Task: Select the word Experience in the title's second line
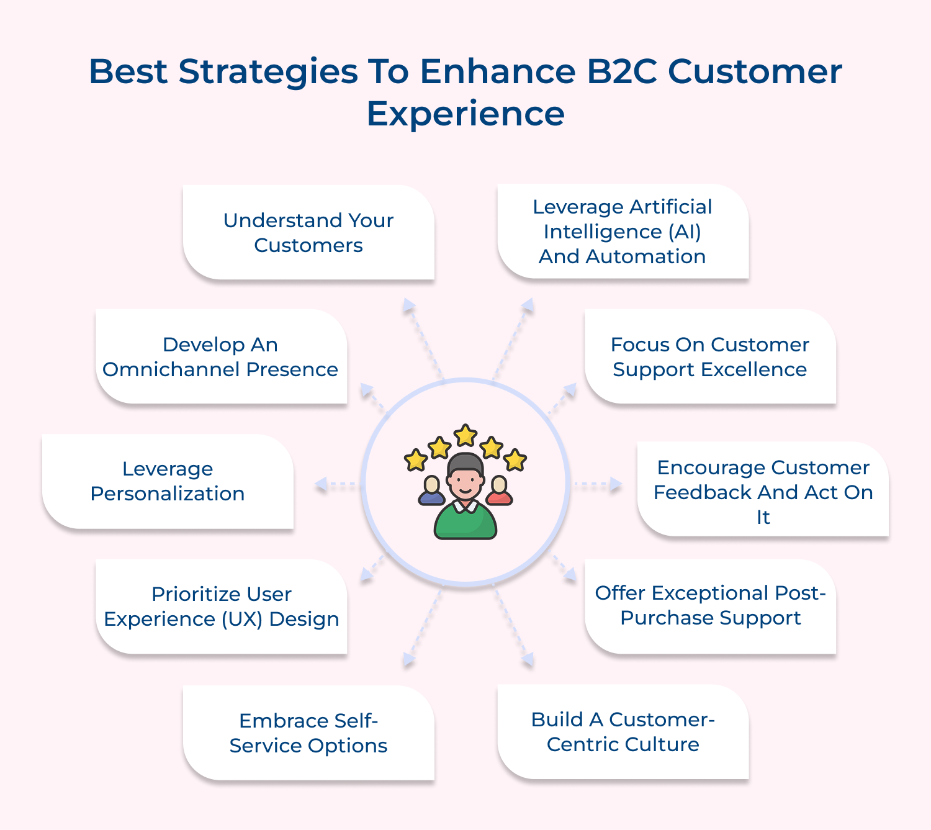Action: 465,114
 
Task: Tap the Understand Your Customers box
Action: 308,233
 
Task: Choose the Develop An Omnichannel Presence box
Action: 221,357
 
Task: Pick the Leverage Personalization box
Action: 168,481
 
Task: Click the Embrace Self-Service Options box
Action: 308,733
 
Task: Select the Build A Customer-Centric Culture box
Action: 623,732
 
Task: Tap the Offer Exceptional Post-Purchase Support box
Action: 711,606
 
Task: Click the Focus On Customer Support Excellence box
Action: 710,357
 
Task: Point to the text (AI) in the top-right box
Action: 685,232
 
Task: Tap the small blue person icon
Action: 431,490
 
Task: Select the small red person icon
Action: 499,490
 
